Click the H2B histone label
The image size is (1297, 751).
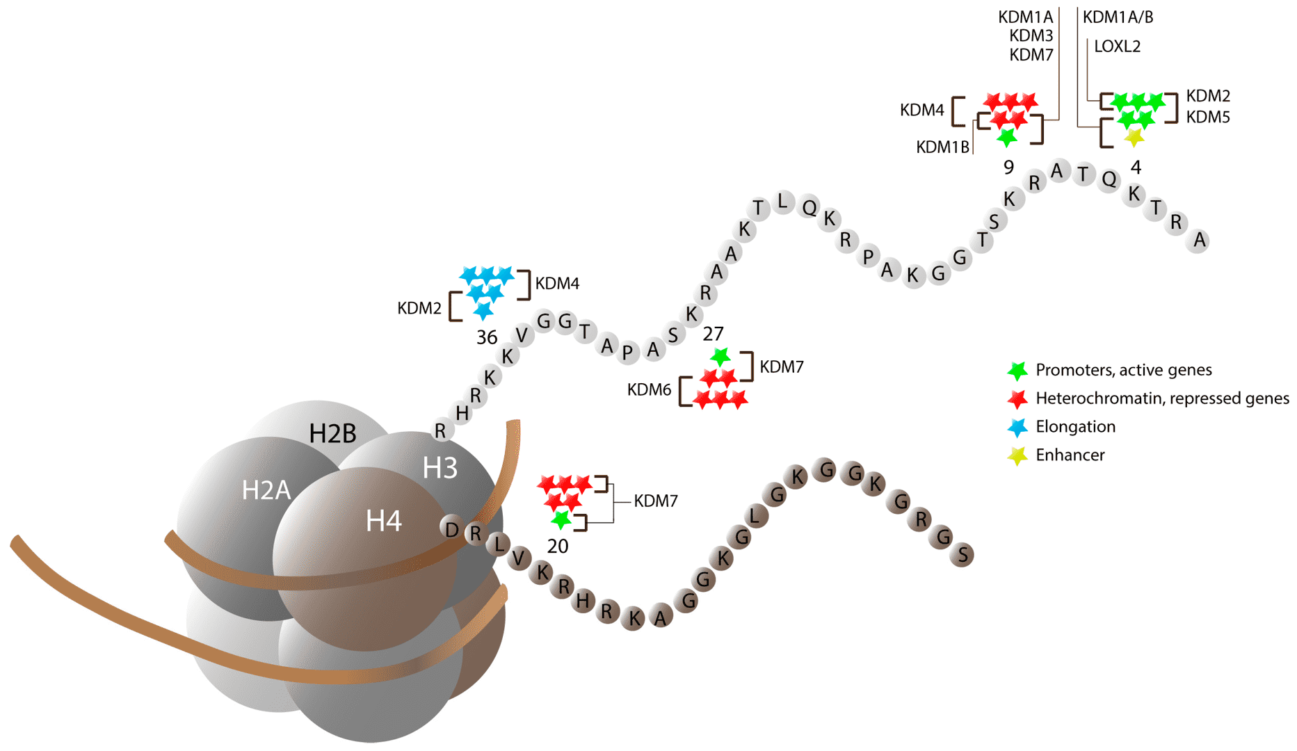point(332,433)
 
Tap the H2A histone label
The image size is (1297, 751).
point(266,490)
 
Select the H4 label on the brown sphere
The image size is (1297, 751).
point(383,521)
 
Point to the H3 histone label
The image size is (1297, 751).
point(440,468)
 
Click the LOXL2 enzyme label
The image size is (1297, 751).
point(1117,47)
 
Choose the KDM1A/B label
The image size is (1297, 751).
point(1118,17)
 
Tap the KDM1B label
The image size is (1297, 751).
point(942,147)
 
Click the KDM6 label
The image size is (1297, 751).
point(649,390)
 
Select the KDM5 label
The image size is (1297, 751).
point(1207,118)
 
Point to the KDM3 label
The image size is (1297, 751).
point(1031,35)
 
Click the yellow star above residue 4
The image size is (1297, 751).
point(1134,137)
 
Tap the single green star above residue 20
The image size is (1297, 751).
point(561,519)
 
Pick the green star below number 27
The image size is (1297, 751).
point(720,357)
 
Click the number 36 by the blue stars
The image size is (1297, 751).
point(486,338)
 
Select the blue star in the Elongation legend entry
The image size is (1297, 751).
point(1017,427)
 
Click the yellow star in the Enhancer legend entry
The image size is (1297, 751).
point(1017,455)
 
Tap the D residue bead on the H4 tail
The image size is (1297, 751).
point(452,530)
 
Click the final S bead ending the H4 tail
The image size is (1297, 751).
point(962,555)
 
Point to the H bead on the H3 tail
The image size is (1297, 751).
point(462,413)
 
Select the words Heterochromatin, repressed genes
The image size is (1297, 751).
point(1161,398)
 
